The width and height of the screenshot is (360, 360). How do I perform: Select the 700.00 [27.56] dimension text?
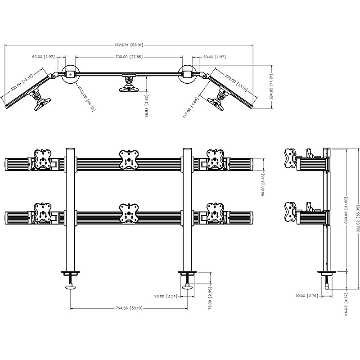[x=129, y=57]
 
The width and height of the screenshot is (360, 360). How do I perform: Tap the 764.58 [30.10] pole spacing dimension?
[x=129, y=308]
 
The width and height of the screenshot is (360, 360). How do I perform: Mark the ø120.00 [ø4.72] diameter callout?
[x=86, y=96]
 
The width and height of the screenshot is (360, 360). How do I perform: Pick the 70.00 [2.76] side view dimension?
[x=310, y=296]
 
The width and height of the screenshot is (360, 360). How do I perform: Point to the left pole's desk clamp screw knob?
[x=71, y=287]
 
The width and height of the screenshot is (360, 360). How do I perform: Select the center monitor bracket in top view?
[x=129, y=84]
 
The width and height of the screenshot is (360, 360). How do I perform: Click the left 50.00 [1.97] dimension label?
[x=43, y=57]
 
